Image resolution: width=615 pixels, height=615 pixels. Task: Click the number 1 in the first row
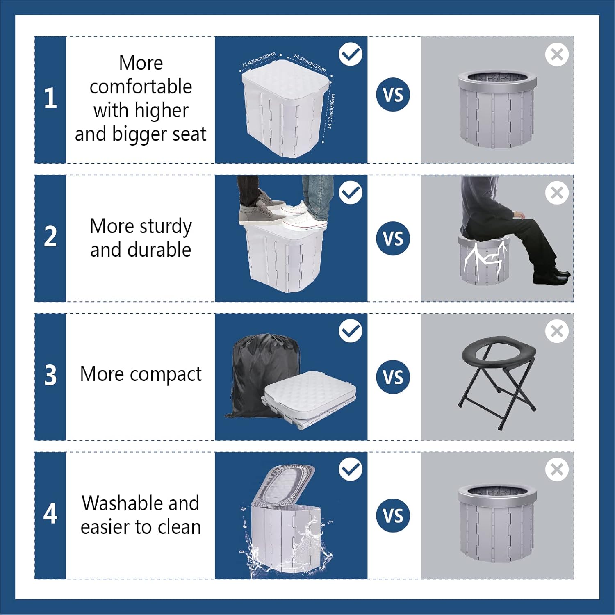tap(50, 98)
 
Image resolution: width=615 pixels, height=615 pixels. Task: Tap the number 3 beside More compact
tap(50, 375)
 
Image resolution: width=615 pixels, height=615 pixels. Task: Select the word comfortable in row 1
tap(141, 87)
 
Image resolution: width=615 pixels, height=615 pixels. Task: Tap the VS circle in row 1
tap(393, 95)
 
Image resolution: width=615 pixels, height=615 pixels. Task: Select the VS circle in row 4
tap(393, 515)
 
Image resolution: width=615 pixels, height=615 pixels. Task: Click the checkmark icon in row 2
tap(351, 192)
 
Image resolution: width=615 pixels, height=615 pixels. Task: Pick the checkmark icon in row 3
tap(351, 331)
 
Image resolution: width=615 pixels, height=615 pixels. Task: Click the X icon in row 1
tap(557, 54)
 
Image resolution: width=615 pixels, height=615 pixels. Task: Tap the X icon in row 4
tap(557, 469)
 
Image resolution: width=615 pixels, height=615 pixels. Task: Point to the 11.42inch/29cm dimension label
tap(258, 60)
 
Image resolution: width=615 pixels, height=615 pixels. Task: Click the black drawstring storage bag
tap(258, 369)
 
